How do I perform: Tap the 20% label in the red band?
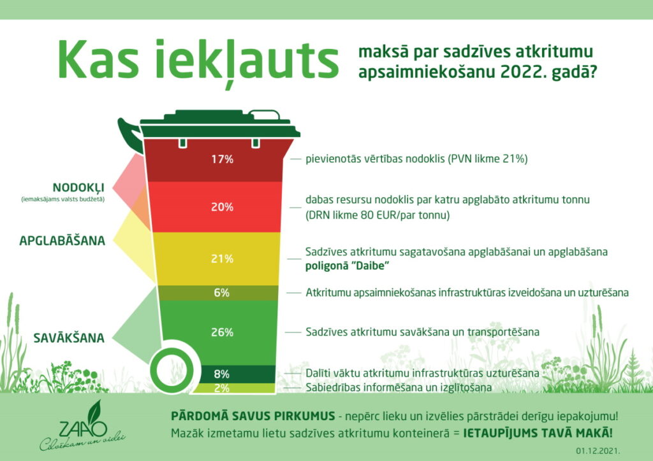coord(223,207)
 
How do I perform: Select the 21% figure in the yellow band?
coord(223,259)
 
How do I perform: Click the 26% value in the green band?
coord(223,332)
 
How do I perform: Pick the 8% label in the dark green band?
coord(222,374)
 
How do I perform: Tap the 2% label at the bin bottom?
coord(222,387)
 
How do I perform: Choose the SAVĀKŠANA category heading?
coord(70,337)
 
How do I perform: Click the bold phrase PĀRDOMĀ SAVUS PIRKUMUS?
coord(253,416)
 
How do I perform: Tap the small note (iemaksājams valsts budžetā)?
coord(62,200)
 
